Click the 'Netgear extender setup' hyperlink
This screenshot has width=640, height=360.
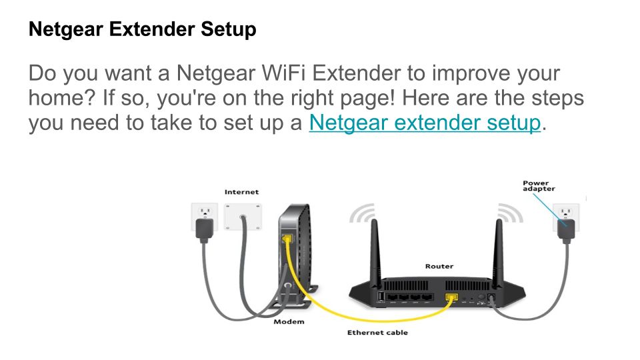pos(425,123)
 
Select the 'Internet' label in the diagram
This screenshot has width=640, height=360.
pos(241,192)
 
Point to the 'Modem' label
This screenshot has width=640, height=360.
pos(289,321)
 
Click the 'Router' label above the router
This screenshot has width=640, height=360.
pos(439,266)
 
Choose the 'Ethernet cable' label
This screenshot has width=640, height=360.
pos(377,333)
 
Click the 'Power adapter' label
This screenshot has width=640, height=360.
pos(539,186)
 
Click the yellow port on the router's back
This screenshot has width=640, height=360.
pos(451,297)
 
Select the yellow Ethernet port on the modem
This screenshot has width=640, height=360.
pos(287,238)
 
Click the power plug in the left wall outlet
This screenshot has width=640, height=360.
pos(204,229)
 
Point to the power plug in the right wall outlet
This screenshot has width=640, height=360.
pos(566,230)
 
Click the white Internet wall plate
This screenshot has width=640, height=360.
pos(243,217)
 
